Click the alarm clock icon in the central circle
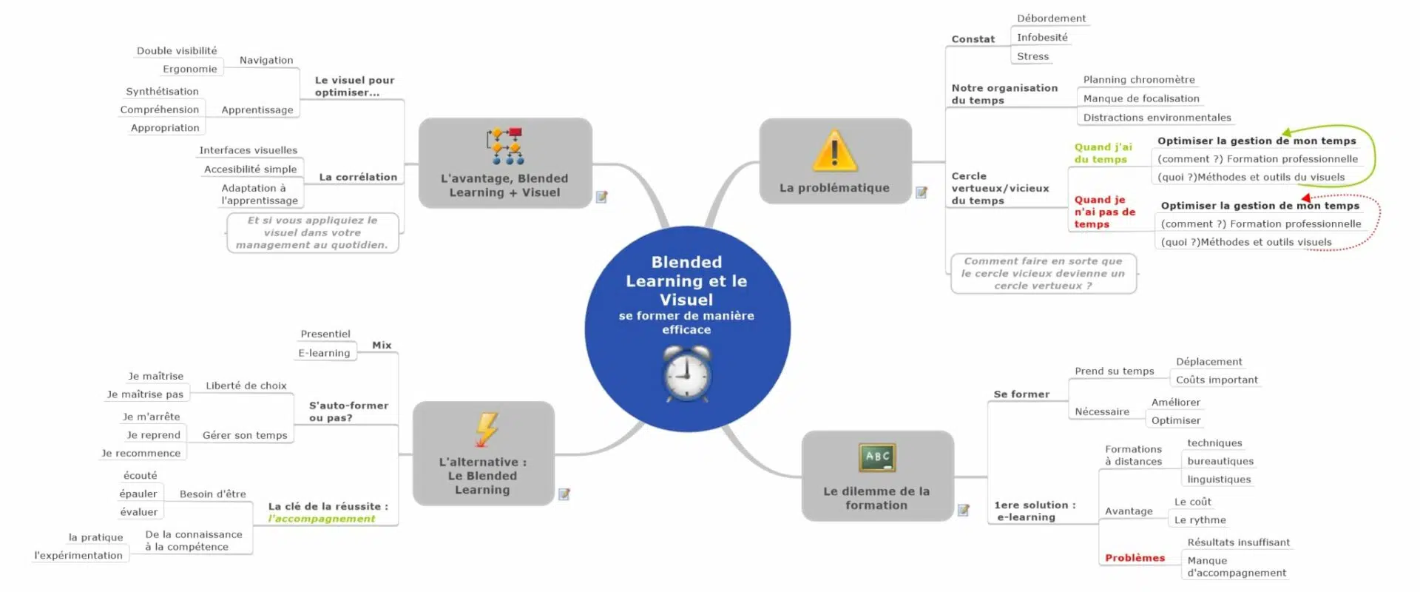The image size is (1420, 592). (x=687, y=374)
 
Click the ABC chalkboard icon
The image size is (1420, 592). (x=877, y=457)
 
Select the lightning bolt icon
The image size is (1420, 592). (x=486, y=430)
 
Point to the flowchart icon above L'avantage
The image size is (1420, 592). (x=504, y=146)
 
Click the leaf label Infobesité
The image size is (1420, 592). (x=1041, y=38)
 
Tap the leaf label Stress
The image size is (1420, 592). (x=1032, y=56)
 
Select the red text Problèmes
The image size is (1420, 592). (x=1135, y=558)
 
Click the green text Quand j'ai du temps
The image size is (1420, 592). (x=1103, y=153)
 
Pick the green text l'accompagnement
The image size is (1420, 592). (x=321, y=519)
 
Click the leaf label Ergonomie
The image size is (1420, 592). (x=190, y=69)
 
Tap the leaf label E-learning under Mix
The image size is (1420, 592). (x=324, y=353)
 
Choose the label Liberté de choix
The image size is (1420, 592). (x=246, y=386)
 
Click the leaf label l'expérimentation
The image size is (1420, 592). (x=78, y=556)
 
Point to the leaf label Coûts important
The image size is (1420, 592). (x=1217, y=380)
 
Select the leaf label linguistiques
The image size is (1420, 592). (x=1219, y=480)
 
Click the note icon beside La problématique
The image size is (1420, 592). (x=922, y=192)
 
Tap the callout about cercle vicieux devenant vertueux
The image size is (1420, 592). (x=1043, y=273)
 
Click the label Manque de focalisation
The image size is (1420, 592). (x=1141, y=98)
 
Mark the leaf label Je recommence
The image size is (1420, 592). (x=141, y=454)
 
